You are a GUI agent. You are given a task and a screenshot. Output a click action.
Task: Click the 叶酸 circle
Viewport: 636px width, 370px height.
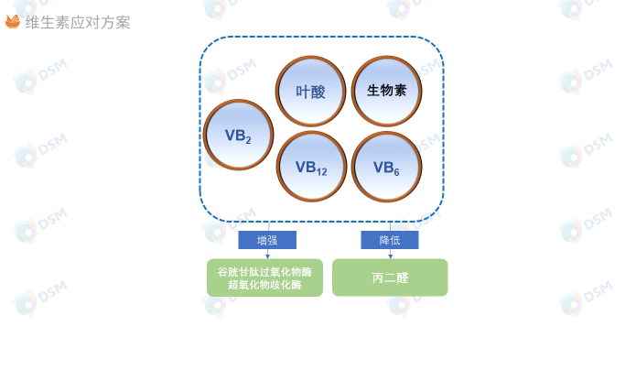[311, 91]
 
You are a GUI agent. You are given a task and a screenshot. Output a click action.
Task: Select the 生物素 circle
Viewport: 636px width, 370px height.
[386, 91]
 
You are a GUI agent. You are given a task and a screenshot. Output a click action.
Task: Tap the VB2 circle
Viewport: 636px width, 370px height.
[238, 135]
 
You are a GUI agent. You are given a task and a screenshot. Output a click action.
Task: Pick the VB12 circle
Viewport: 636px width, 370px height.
[311, 167]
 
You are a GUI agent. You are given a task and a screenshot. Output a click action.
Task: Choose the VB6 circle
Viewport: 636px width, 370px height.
[386, 167]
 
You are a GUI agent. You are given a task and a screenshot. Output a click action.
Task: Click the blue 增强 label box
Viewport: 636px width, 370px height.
[267, 240]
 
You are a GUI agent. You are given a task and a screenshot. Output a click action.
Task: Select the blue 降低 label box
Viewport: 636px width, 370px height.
[390, 240]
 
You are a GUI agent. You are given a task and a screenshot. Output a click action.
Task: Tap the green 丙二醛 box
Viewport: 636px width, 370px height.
[390, 277]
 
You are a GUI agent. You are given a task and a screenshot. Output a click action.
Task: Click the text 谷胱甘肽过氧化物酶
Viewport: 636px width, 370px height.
[264, 272]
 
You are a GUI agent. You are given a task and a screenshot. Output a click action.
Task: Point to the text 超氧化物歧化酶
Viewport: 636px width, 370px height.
[264, 286]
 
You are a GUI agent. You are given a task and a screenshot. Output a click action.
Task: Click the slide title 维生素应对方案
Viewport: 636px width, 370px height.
[78, 22]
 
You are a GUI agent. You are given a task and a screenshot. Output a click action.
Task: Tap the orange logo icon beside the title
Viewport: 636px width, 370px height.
[13, 21]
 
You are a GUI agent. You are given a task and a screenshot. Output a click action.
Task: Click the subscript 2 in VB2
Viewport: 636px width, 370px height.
[248, 140]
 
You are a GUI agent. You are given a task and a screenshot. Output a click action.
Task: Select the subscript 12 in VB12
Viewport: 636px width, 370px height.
[321, 172]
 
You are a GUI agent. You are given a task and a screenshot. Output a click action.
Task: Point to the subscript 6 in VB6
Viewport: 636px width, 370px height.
[395, 172]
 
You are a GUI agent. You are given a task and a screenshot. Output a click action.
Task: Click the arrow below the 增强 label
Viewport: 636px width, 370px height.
[267, 254]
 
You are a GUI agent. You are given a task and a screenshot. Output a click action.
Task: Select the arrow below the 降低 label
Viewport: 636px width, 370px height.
[390, 254]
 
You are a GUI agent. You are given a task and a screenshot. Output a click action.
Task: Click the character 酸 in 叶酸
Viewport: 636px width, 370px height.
[318, 92]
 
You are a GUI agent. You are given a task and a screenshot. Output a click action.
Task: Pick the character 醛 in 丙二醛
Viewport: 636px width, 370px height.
[402, 277]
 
